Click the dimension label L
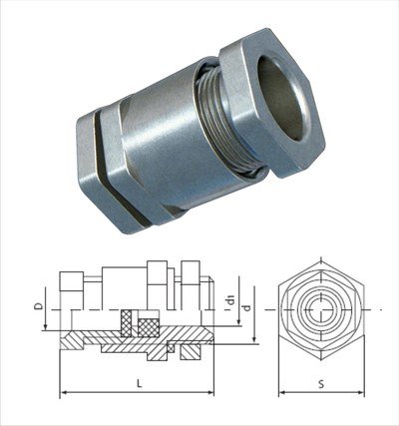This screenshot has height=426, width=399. click(x=140, y=383)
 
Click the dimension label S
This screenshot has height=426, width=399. click(x=321, y=384)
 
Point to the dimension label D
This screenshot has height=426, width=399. click(x=40, y=306)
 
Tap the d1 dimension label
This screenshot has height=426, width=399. click(x=230, y=300)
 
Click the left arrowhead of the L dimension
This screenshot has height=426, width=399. click(x=63, y=393)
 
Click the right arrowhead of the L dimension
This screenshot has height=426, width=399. click(x=210, y=393)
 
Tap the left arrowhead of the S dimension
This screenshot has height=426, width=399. click(x=282, y=393)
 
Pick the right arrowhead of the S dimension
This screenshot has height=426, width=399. click(x=361, y=393)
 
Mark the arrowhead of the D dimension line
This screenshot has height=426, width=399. click(x=45, y=327)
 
